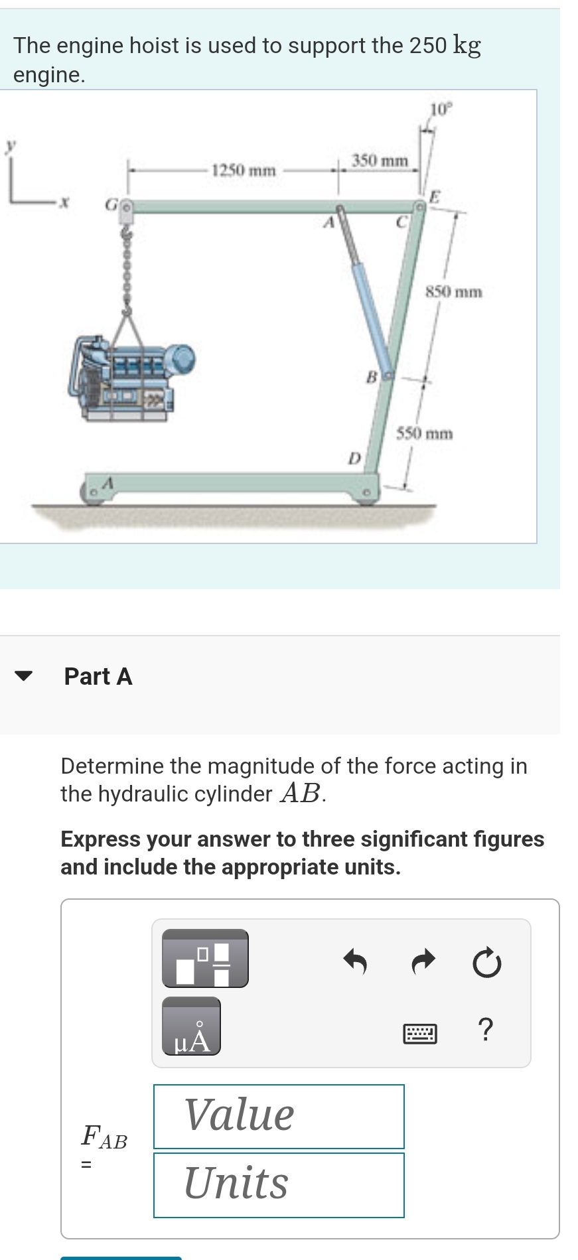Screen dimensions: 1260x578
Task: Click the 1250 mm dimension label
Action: (x=243, y=171)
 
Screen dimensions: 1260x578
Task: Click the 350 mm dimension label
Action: (x=380, y=161)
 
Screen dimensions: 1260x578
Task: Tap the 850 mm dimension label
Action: (x=454, y=291)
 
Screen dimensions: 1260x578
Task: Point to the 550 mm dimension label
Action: (x=425, y=434)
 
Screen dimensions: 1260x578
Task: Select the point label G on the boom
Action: (x=111, y=206)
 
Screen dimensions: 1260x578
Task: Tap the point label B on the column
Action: (x=372, y=378)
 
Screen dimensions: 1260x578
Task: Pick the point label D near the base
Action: (x=354, y=458)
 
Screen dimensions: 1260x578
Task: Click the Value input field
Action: (x=279, y=1116)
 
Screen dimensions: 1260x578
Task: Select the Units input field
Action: (x=279, y=1185)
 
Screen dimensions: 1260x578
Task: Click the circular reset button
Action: (x=487, y=963)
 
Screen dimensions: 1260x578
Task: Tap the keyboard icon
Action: (x=420, y=1033)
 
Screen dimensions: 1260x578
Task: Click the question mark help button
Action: (x=486, y=1030)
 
